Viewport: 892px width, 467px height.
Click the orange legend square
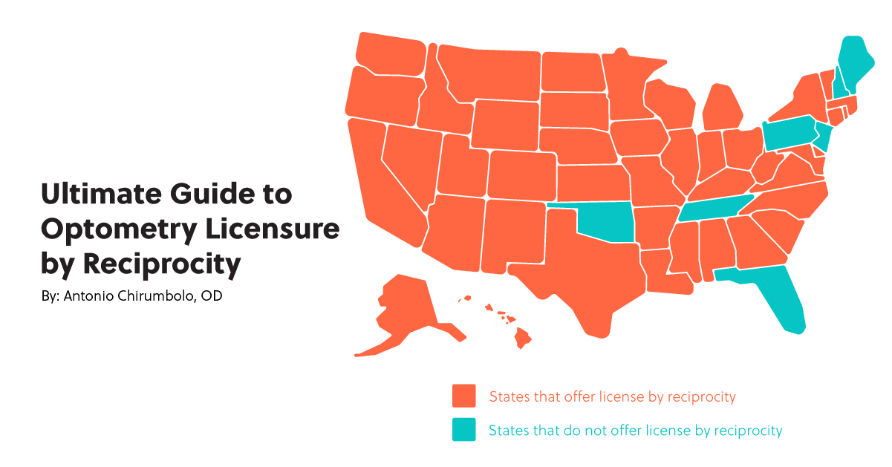(x=464, y=396)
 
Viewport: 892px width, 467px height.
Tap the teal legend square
(x=464, y=430)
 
